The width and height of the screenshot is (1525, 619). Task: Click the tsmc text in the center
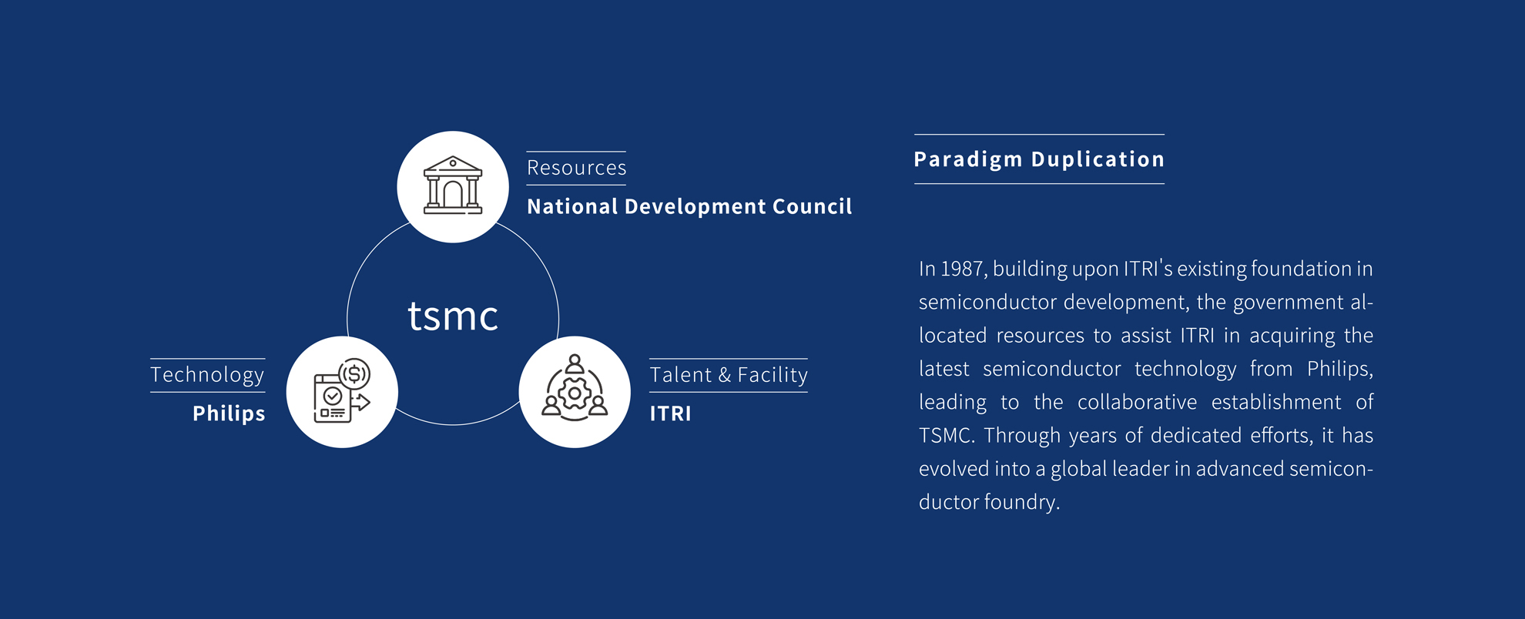[x=453, y=316]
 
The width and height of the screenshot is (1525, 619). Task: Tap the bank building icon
[x=453, y=186]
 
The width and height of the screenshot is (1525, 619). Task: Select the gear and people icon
[x=575, y=392]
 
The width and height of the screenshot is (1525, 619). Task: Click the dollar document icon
[x=342, y=392]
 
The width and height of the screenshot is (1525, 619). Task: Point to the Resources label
[x=576, y=168]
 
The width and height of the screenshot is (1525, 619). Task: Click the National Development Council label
[x=689, y=206]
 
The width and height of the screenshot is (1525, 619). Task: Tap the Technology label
[x=207, y=375]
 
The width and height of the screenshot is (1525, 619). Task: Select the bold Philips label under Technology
[x=229, y=413]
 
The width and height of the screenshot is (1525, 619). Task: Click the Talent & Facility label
[x=729, y=375]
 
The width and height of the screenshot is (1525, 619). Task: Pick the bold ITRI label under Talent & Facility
[x=670, y=413]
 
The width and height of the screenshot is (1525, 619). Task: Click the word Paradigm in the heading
[x=967, y=159]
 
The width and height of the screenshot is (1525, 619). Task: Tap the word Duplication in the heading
[x=1098, y=159]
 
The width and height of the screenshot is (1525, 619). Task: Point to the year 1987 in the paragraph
[x=962, y=269]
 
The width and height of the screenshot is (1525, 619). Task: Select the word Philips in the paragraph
[x=1339, y=369]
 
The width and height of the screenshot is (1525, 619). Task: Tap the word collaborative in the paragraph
[x=1137, y=402]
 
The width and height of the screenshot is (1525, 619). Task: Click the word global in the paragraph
[x=1078, y=469]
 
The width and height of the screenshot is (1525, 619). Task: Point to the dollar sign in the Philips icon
[x=354, y=374]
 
